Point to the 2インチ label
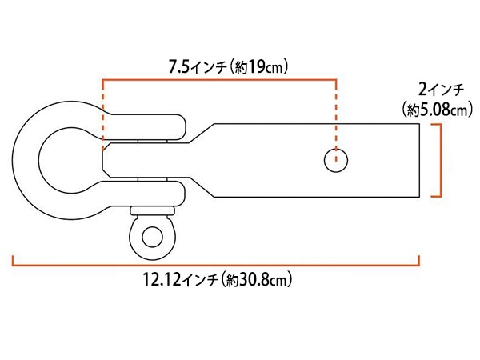(441, 90)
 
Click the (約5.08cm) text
(438, 110)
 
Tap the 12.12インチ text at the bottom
(181, 279)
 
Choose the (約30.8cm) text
(257, 279)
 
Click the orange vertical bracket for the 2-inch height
(440, 160)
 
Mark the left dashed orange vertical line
(103, 115)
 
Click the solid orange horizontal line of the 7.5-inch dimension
(219, 80)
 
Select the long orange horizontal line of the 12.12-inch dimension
(215, 265)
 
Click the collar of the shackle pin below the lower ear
(152, 210)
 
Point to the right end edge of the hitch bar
(419, 160)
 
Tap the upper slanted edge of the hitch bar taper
(202, 133)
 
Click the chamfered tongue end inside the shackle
(105, 160)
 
